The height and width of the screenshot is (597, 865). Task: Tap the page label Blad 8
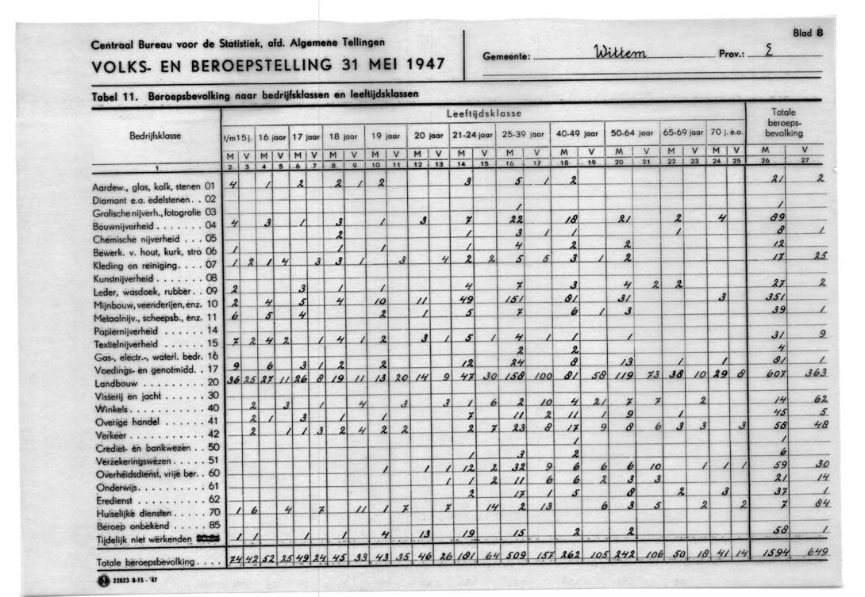[x=808, y=33]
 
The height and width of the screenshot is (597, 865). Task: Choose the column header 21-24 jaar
[x=474, y=136]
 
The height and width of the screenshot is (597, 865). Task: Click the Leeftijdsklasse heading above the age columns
[x=482, y=113]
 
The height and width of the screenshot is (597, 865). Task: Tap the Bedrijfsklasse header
[x=155, y=136]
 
